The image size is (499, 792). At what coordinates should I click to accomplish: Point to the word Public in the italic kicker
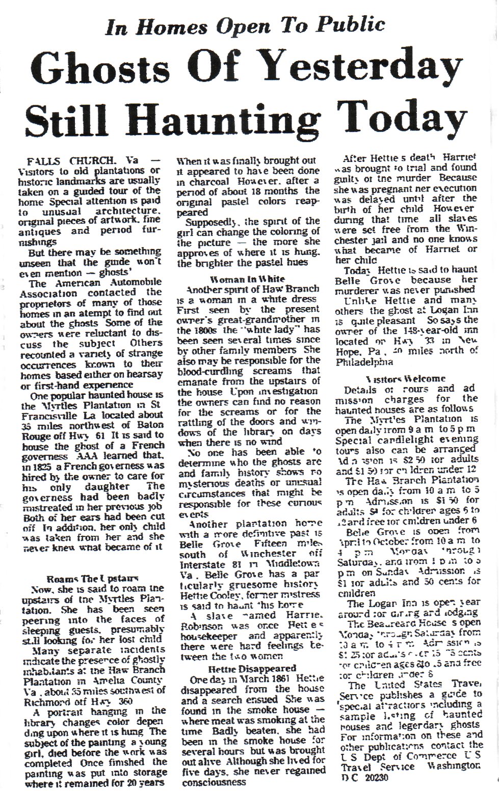point(349,24)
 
